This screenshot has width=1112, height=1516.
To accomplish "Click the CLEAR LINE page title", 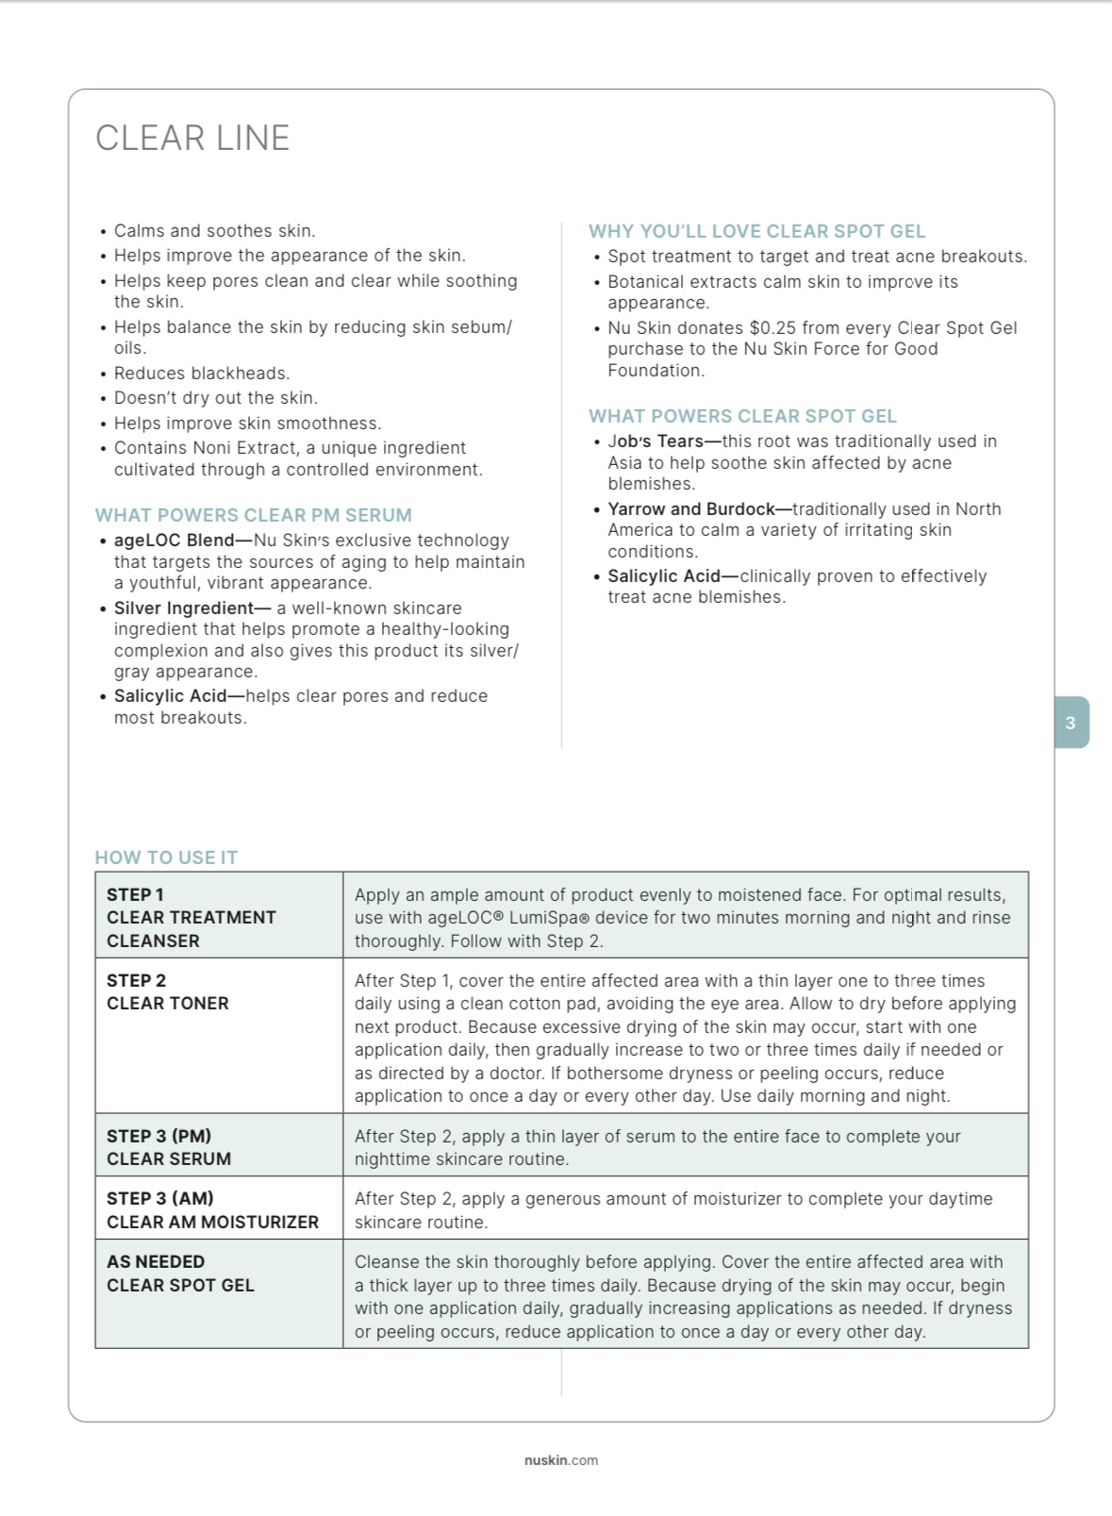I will coord(192,139).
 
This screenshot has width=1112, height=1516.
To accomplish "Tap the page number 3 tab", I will coord(1071,723).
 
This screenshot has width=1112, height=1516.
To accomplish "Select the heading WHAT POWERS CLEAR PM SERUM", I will coord(253,515).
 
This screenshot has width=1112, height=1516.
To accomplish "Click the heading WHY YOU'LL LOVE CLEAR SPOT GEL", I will coord(756,231).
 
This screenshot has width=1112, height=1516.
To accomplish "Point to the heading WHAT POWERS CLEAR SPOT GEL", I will coord(742,416).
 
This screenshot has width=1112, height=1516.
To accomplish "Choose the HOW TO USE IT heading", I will coord(166,858).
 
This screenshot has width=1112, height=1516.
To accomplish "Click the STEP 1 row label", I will coord(135,894).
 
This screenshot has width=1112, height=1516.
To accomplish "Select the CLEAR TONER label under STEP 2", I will coord(168,1004).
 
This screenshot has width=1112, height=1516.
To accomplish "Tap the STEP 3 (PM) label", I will coord(158,1136).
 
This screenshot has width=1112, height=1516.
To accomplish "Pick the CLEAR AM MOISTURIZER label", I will coord(212,1222).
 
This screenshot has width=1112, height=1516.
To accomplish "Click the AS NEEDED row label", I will coord(156,1261).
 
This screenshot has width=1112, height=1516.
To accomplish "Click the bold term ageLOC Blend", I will coord(174,541).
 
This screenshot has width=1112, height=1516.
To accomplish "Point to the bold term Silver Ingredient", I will coord(184,608).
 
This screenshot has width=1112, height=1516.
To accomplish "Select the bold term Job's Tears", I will coord(655,441).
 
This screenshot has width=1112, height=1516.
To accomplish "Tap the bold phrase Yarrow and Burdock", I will coord(690,509).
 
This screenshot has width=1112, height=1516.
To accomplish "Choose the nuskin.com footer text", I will coord(561,1460).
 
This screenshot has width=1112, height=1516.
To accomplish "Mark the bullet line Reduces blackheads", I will coord(201,374).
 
